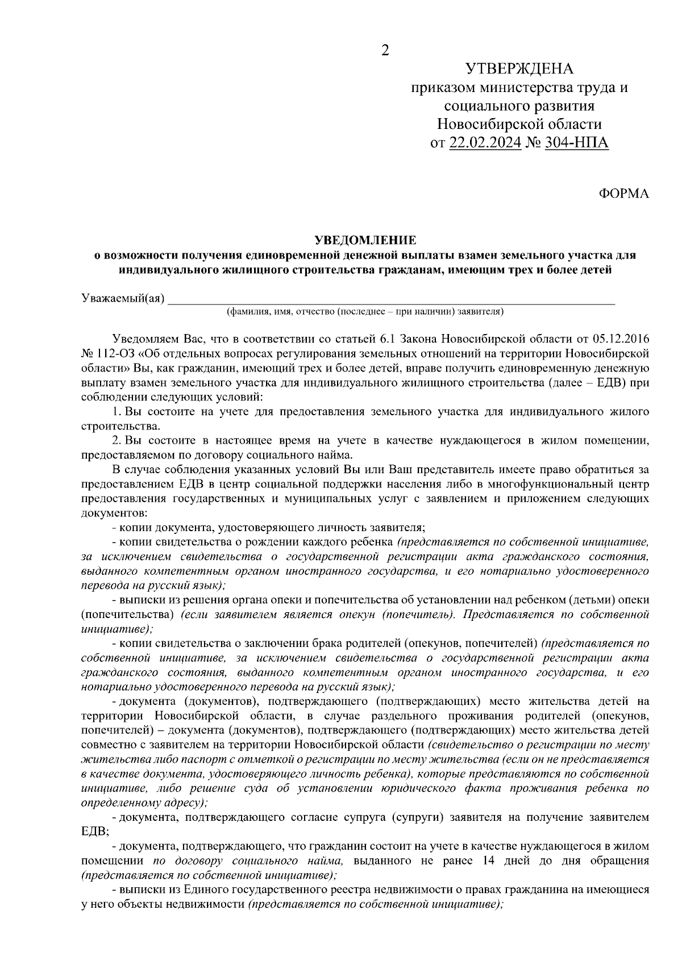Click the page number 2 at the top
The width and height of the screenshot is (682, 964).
385,51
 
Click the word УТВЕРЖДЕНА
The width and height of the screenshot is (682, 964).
520,69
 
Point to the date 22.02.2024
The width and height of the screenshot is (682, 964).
485,143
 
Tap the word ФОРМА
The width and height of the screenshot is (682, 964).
624,194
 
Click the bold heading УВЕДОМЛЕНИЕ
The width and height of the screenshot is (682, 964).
365,240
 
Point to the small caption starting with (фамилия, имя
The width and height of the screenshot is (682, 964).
365,311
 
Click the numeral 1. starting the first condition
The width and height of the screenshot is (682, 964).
117,411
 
